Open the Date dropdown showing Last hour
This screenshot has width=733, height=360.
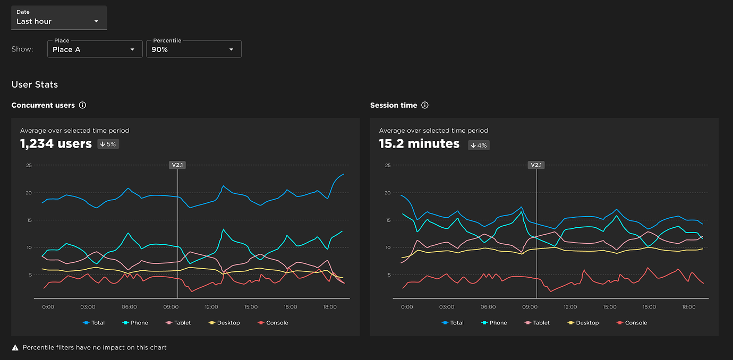coord(58,18)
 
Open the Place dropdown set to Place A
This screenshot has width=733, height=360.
coord(95,49)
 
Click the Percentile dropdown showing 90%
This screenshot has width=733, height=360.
coord(193,49)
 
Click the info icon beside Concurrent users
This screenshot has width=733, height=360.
coord(82,105)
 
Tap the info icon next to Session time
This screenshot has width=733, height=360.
coord(425,105)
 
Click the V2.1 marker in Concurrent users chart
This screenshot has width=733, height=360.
coord(177,165)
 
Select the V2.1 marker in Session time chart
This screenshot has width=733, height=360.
coord(536,165)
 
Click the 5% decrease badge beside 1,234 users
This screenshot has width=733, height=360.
coord(108,144)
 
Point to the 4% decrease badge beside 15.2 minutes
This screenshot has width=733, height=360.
coord(479,145)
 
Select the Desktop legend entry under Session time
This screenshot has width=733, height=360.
coord(583,323)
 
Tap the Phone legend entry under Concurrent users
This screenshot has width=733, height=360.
coord(135,323)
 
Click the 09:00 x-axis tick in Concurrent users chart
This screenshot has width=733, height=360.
coord(170,307)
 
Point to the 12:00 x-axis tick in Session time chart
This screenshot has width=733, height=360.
coord(570,307)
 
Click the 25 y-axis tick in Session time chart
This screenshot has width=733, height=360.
coord(387,165)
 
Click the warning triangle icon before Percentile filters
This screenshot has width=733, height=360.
coord(15,348)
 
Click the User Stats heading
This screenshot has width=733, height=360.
coord(35,84)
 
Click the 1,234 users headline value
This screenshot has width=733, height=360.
coord(56,144)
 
